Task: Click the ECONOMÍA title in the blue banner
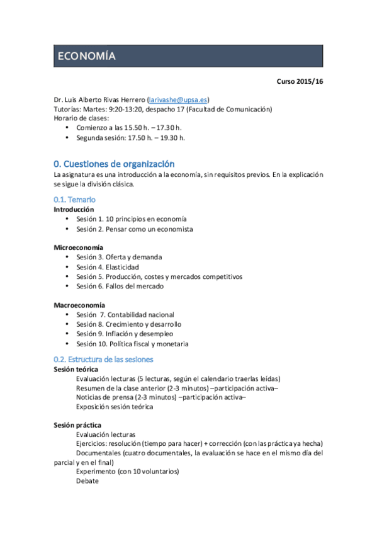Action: click(x=86, y=55)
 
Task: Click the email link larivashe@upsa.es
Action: click(x=178, y=99)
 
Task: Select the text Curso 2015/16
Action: click(x=300, y=81)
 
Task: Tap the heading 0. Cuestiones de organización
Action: click(x=114, y=164)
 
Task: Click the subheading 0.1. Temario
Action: click(x=74, y=200)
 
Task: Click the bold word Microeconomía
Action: click(x=79, y=247)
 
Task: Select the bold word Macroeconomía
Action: click(x=79, y=305)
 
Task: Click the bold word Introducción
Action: click(x=74, y=209)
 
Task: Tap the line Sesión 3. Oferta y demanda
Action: click(x=119, y=257)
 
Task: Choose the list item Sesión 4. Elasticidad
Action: click(x=108, y=267)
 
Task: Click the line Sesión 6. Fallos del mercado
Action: click(x=120, y=286)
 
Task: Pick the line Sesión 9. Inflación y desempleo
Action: click(x=125, y=334)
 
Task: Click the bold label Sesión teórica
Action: click(x=76, y=368)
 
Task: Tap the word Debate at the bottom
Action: click(x=87, y=480)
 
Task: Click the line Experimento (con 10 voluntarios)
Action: click(x=127, y=471)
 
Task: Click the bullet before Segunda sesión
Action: click(x=67, y=137)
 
